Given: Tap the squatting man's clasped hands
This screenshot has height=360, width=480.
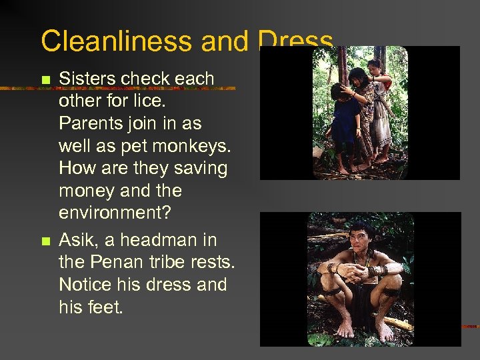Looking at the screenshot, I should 361,272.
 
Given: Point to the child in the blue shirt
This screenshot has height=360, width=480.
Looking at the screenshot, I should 346,113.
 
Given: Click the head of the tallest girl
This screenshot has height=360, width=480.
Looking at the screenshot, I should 375,65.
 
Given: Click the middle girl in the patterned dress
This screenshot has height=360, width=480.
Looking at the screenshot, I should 362,110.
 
